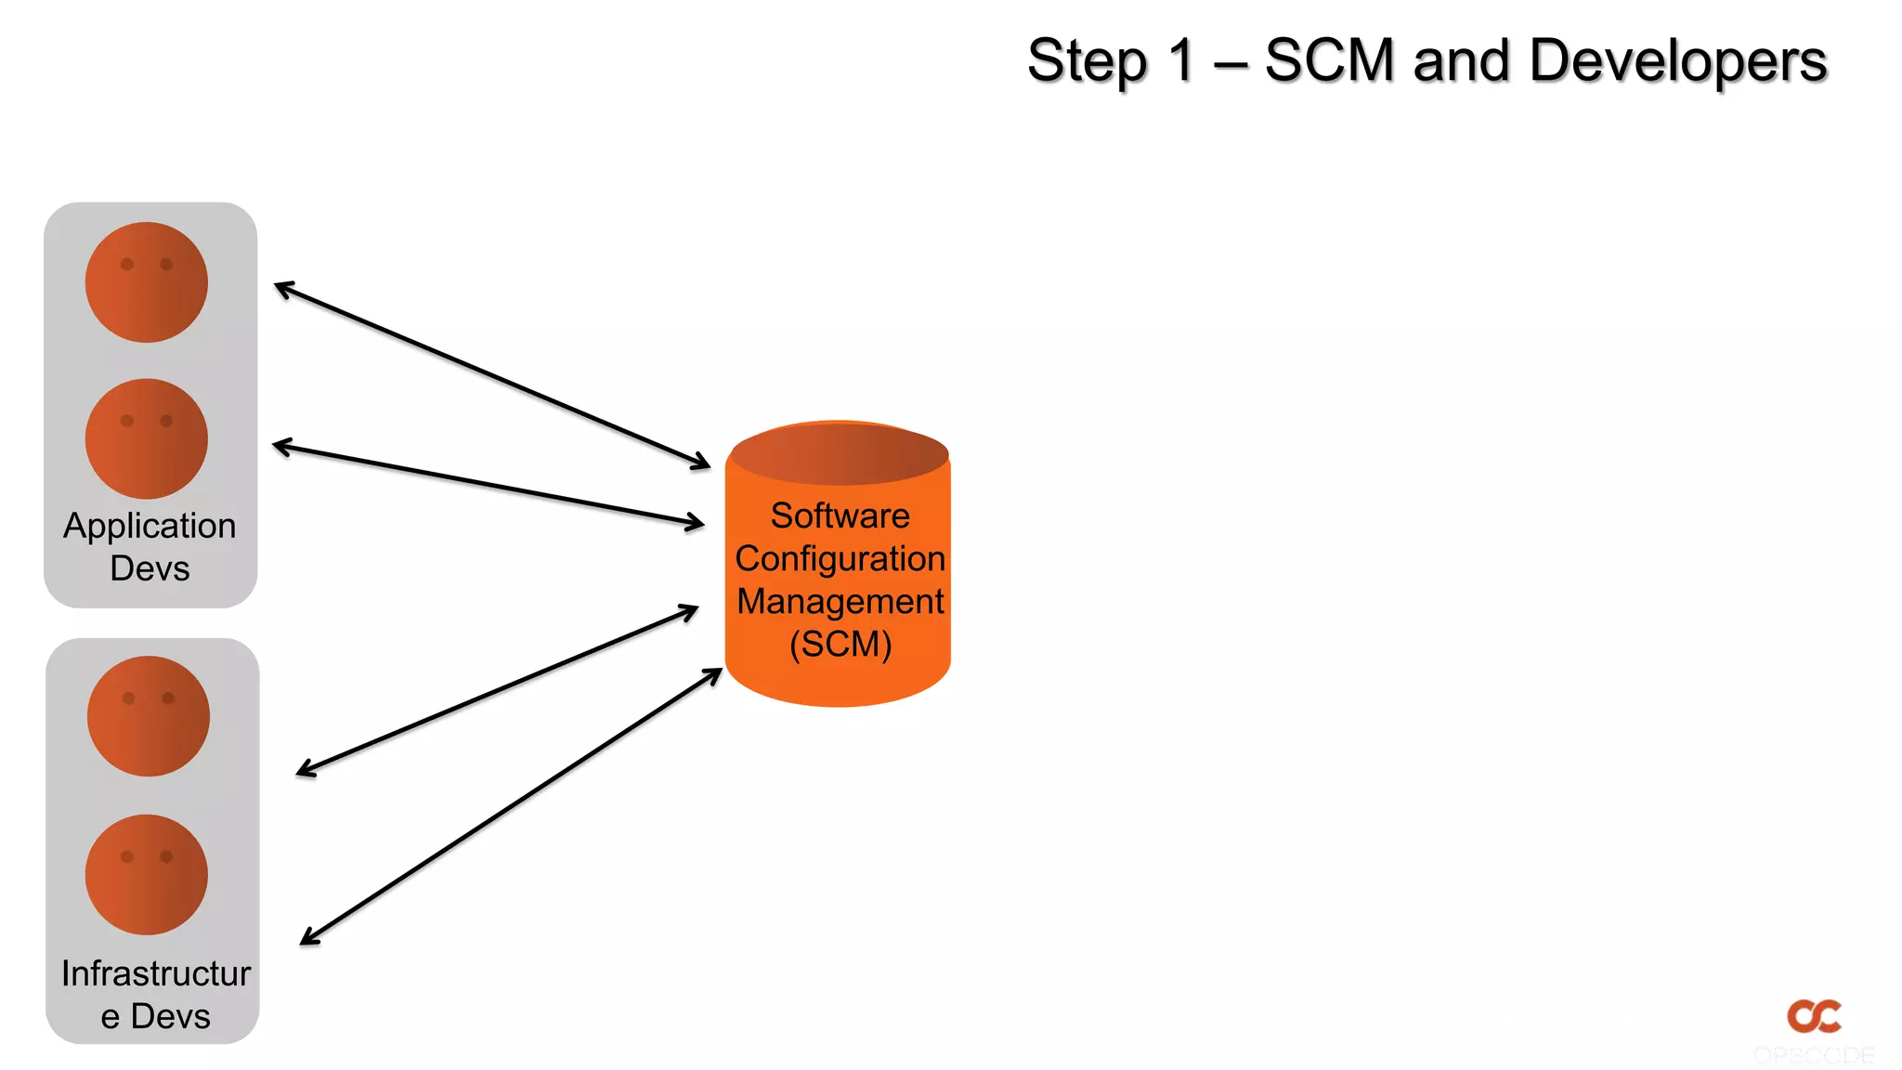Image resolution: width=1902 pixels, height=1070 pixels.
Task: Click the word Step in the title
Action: (x=1087, y=61)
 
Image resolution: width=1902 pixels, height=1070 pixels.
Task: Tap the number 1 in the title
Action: (x=1181, y=61)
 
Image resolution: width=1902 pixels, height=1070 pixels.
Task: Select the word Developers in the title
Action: (x=1677, y=61)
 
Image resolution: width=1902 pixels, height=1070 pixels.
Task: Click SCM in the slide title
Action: (x=1329, y=61)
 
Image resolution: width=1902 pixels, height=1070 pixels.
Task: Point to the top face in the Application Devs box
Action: (x=147, y=282)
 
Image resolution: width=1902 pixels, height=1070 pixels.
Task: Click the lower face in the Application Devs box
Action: (x=147, y=438)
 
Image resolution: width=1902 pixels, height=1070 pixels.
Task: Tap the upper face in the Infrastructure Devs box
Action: (x=149, y=716)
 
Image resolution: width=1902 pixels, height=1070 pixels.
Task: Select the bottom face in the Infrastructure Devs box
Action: (x=147, y=874)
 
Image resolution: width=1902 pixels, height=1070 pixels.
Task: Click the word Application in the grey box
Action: (x=150, y=526)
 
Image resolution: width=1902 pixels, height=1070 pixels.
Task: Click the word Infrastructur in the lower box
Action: (x=155, y=973)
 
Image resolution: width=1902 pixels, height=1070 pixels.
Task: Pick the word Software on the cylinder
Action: (x=840, y=515)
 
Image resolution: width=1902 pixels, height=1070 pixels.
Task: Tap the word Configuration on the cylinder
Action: (x=840, y=558)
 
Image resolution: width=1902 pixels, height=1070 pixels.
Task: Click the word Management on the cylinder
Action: (x=840, y=601)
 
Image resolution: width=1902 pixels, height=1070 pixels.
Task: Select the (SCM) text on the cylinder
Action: (x=840, y=644)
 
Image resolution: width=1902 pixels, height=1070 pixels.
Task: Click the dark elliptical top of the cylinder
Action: (x=840, y=453)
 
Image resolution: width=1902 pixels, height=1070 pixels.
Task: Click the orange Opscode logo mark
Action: (x=1814, y=1015)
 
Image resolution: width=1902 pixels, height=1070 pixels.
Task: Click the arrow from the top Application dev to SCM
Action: (x=492, y=375)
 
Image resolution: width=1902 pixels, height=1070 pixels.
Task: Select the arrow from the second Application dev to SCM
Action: (x=489, y=485)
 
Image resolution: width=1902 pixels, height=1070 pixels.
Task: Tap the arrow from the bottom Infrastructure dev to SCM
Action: (x=511, y=806)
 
